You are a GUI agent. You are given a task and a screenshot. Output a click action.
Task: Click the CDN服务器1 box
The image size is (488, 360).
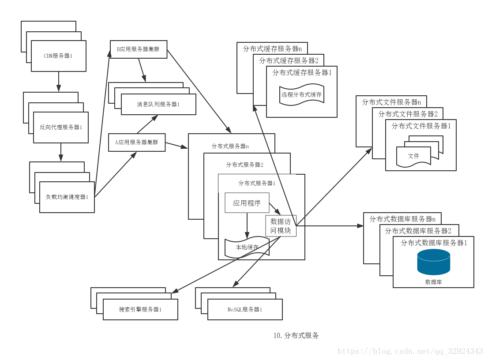point(58,56)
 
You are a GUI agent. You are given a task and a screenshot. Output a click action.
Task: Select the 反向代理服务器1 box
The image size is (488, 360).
point(61,127)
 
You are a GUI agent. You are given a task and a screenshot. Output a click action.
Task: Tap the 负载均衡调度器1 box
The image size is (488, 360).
point(67,197)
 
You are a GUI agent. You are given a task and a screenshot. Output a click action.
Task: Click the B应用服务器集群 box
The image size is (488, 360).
point(138,49)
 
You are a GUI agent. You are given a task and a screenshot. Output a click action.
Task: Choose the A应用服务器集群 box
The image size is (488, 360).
point(137,142)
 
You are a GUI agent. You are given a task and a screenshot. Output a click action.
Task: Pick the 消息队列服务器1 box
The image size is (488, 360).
point(158,105)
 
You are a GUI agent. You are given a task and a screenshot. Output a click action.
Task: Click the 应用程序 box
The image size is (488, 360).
point(247,203)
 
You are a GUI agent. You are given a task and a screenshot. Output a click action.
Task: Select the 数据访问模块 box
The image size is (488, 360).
point(281,226)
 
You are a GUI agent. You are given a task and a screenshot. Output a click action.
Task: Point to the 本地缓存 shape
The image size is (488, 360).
point(247,247)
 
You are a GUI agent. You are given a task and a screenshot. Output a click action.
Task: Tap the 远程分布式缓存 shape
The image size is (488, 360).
point(301,94)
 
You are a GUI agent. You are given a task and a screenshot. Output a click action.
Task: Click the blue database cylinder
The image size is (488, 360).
point(434,262)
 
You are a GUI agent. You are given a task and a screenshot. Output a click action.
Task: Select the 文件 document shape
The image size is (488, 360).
point(413,156)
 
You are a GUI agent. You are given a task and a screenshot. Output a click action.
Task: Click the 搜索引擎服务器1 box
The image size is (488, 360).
point(140,310)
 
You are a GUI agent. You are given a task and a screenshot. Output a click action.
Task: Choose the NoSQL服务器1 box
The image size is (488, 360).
point(245,310)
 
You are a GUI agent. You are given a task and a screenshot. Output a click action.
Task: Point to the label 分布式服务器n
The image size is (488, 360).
point(230,146)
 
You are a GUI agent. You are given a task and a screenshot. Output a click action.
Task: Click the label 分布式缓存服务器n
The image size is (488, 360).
point(272,49)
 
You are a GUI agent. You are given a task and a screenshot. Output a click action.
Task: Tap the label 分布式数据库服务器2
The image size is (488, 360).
point(418,231)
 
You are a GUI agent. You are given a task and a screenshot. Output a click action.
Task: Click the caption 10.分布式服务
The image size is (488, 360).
point(296,336)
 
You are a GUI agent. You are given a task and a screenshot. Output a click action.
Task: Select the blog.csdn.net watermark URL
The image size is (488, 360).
point(410,352)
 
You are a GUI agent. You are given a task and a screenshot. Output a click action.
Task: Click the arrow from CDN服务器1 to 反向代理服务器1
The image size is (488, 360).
point(59,82)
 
